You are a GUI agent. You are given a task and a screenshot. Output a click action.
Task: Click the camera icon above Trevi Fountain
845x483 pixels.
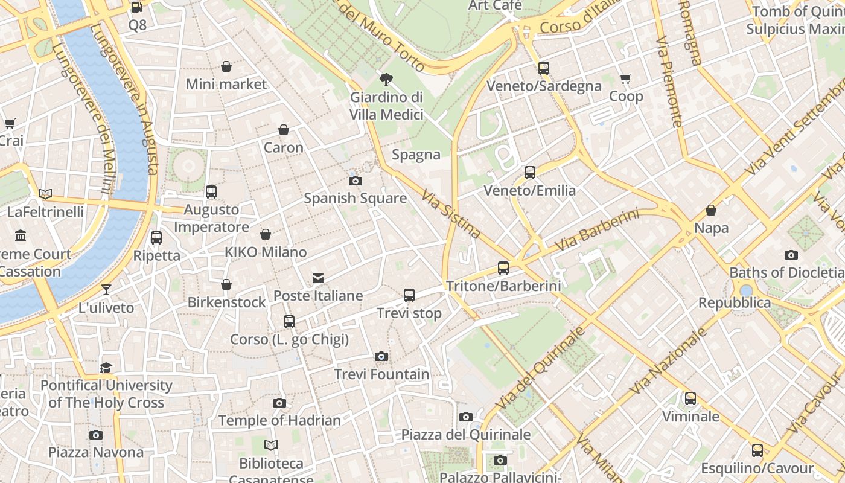click(381, 357)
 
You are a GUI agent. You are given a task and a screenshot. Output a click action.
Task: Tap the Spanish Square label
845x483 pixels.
click(355, 198)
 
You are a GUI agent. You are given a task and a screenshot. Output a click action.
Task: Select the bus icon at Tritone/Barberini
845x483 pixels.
click(503, 268)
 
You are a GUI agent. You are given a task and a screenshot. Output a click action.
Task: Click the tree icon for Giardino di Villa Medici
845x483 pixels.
click(386, 79)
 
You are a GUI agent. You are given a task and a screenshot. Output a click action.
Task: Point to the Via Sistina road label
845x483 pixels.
click(451, 214)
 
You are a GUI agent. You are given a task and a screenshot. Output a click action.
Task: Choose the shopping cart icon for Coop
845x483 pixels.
click(626, 79)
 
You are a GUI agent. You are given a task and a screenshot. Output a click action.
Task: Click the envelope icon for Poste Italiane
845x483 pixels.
click(318, 278)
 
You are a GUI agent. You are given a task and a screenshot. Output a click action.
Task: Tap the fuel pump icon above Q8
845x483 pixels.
click(137, 8)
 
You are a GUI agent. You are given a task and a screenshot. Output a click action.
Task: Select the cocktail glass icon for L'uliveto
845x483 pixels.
click(106, 290)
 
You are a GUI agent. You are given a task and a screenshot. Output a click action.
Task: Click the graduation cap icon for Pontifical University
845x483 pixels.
click(106, 368)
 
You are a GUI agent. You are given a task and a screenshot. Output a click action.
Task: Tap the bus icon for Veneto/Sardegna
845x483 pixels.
click(544, 68)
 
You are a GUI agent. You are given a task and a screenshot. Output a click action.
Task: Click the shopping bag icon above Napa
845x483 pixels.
click(711, 210)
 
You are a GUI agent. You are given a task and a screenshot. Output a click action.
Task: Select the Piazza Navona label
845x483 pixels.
click(96, 452)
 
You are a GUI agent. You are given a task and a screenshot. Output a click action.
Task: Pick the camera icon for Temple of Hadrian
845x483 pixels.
click(279, 403)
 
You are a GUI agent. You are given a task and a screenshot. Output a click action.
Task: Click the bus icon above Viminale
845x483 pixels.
click(690, 398)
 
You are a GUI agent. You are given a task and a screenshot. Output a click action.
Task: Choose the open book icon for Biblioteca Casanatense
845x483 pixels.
click(271, 446)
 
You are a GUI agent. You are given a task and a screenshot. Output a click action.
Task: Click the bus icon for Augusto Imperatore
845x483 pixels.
click(211, 192)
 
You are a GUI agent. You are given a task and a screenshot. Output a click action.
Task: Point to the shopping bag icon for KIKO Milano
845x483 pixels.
click(266, 234)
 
